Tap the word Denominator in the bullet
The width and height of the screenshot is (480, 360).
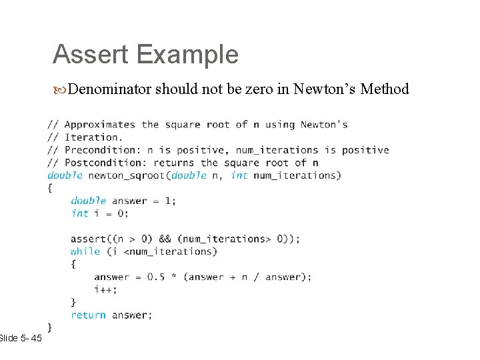[x=109, y=89]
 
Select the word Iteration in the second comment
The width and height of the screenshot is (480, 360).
[x=88, y=137]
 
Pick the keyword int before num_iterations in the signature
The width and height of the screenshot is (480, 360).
[x=239, y=175]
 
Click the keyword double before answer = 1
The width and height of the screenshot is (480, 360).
[x=88, y=201]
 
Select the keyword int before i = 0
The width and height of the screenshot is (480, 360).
[x=79, y=213]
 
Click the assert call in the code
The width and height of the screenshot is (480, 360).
[x=88, y=239]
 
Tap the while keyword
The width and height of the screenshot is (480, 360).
[x=85, y=251]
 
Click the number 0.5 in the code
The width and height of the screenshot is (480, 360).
[x=156, y=277]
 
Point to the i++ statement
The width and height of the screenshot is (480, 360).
[x=105, y=289]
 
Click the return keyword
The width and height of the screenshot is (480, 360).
[x=88, y=315]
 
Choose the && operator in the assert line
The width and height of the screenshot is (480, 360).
[x=165, y=239]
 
